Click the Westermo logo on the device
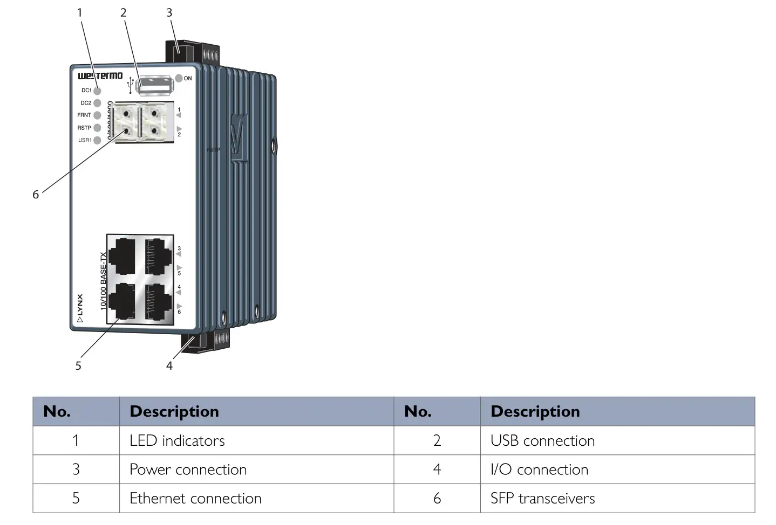(x=100, y=76)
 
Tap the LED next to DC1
(x=97, y=91)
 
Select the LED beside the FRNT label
(x=97, y=115)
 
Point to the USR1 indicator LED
(x=97, y=140)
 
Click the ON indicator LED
(x=179, y=78)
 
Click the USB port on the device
(x=154, y=85)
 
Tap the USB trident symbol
(x=130, y=85)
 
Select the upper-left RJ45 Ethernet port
(x=121, y=255)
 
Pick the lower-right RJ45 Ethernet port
(x=158, y=302)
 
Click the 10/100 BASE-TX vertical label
(x=103, y=281)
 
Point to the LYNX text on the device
(x=80, y=305)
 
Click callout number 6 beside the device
(x=36, y=195)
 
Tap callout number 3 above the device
(x=169, y=12)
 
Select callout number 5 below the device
(x=78, y=365)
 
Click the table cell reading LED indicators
(x=177, y=441)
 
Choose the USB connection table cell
(x=542, y=441)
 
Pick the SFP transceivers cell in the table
(x=542, y=499)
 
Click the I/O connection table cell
(x=539, y=470)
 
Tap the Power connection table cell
(x=188, y=470)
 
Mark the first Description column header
(x=174, y=412)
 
